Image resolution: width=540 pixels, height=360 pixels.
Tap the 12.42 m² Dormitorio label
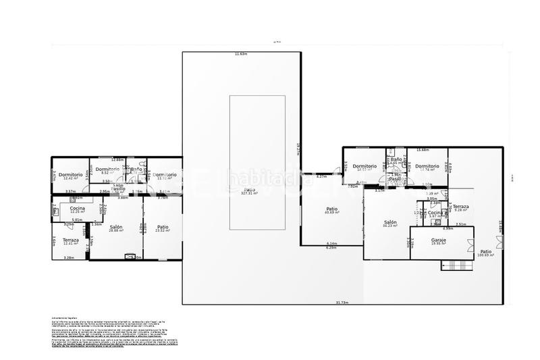click(70, 175)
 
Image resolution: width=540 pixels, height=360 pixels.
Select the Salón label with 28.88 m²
click(116, 228)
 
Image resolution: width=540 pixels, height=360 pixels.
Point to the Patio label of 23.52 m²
click(163, 228)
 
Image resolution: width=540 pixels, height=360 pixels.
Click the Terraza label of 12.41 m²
click(70, 240)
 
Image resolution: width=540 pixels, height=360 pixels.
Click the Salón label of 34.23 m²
click(390, 222)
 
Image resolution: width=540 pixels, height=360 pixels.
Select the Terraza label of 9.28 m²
click(461, 207)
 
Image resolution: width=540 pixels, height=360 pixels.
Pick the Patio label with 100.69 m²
click(485, 252)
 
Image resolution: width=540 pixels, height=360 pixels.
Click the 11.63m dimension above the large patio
click(240, 54)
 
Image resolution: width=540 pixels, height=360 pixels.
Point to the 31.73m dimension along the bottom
click(341, 303)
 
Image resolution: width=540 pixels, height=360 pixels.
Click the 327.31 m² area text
click(250, 193)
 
